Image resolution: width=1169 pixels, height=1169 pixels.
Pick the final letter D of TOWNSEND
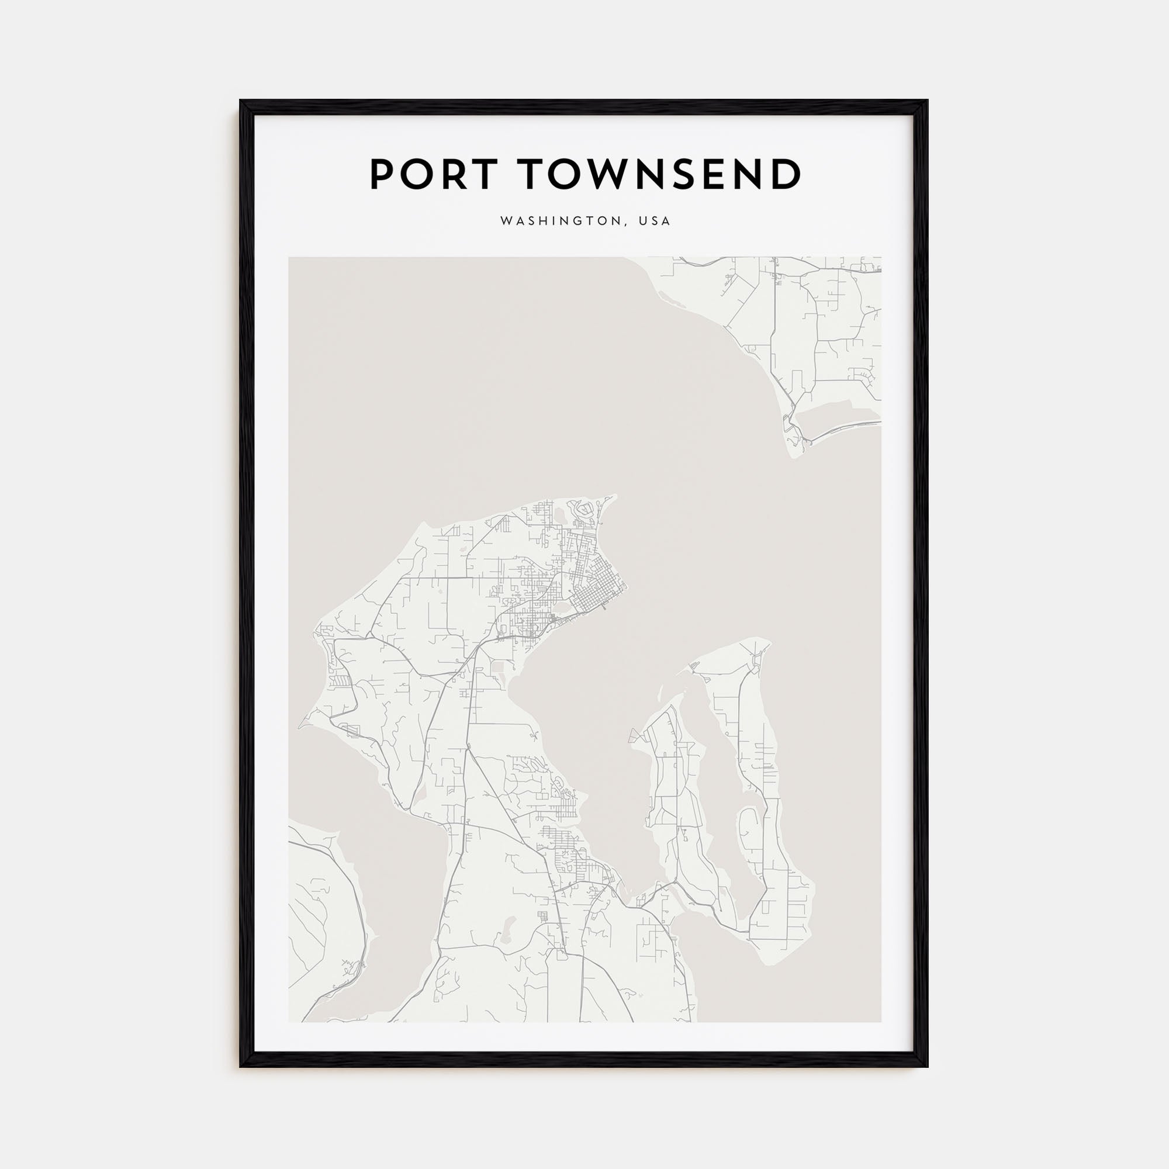coord(786,175)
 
